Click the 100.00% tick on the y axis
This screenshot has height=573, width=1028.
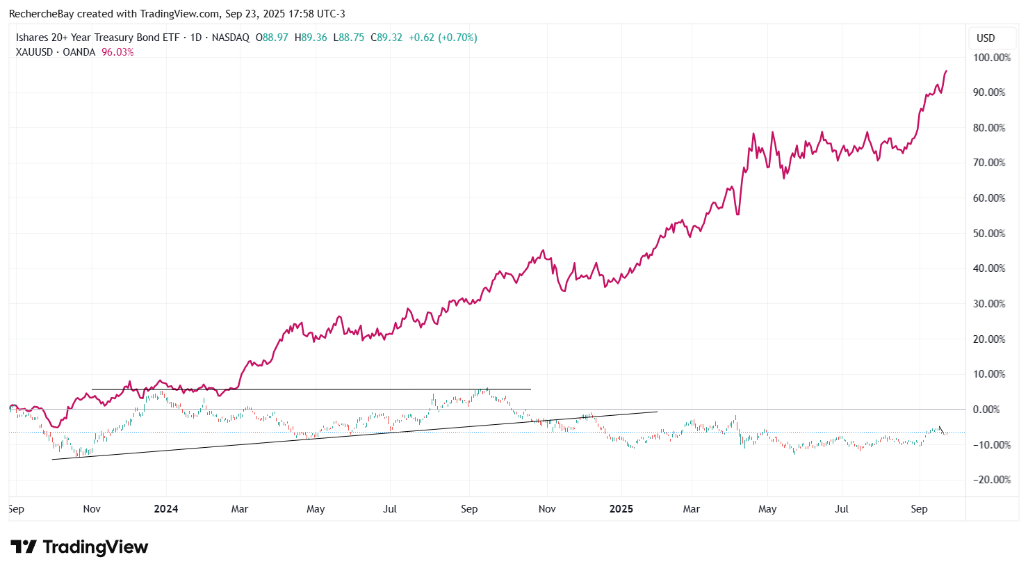991,58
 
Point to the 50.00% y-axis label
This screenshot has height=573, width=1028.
989,234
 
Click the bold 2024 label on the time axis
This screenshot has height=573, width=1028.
166,509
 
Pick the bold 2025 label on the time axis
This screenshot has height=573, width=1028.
621,509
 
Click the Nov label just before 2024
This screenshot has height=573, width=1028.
92,509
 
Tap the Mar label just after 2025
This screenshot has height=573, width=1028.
692,509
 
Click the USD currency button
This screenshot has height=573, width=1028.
986,38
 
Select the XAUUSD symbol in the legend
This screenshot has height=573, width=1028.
34,52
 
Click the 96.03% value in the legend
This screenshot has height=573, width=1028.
117,52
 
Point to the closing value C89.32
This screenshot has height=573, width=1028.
386,38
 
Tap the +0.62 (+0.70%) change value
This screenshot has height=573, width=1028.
443,38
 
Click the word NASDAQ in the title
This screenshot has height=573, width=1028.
230,38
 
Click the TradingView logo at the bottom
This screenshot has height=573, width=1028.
79,547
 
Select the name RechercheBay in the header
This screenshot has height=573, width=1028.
41,14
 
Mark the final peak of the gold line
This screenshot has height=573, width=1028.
946,71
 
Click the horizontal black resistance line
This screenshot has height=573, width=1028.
313,389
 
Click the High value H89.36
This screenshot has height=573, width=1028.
311,38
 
